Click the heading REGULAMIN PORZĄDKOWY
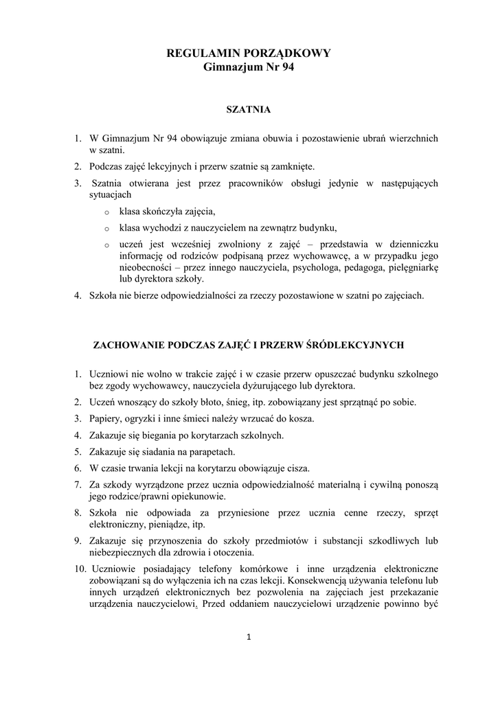[x=249, y=53]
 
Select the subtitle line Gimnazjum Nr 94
[x=249, y=67]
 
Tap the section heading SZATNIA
[x=249, y=109]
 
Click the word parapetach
[x=210, y=452]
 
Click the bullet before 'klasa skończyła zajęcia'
[x=106, y=213]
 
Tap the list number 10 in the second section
[x=80, y=570]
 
